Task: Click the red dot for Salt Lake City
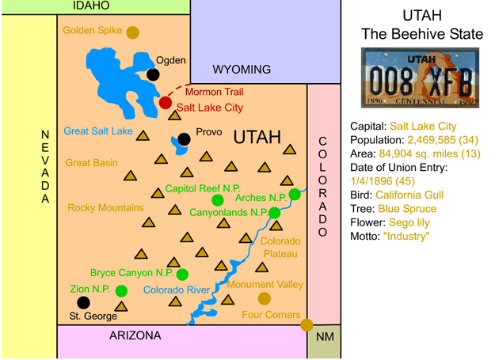point(165,103)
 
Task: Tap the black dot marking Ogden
point(153,75)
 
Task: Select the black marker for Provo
point(185,139)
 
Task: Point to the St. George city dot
point(83,302)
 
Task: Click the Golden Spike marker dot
point(132,32)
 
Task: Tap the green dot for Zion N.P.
point(121,290)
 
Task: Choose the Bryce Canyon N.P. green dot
point(182,275)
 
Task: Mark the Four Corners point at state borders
point(307,324)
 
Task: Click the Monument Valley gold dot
point(264,298)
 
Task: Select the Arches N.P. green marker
point(295,194)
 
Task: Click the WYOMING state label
point(242,70)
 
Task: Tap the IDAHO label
point(90,6)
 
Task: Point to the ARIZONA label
point(135,336)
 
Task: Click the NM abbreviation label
point(325,337)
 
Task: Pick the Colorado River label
point(177,290)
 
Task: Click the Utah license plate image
point(420,78)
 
